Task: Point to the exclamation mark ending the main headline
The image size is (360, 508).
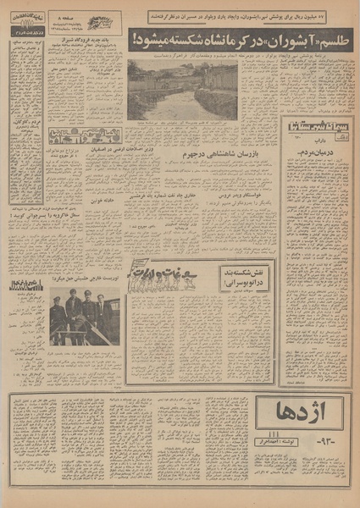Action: pyautogui.click(x=135, y=41)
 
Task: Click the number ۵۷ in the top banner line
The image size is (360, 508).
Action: pyautogui.click(x=345, y=14)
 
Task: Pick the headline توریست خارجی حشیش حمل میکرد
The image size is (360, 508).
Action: pyautogui.click(x=90, y=286)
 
